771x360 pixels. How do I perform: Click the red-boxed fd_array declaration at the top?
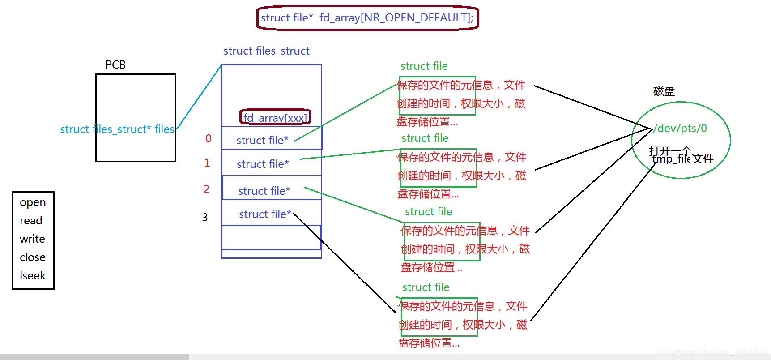point(367,18)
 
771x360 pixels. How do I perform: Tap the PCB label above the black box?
point(115,65)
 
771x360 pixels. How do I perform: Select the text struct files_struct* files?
point(117,129)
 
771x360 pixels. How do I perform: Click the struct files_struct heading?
point(266,51)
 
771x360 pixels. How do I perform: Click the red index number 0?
point(208,139)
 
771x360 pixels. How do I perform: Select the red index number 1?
point(207,163)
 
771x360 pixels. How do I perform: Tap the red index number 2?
point(206,189)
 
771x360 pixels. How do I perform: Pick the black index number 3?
point(204,218)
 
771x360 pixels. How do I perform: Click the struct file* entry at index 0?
point(262,141)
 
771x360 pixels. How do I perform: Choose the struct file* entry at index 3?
point(265,214)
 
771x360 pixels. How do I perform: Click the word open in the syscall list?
point(33,202)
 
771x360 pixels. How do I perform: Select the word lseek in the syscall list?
point(33,276)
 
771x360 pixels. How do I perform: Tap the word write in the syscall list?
point(32,239)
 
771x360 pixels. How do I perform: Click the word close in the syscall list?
point(33,257)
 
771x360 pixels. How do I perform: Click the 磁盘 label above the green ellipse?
point(664,92)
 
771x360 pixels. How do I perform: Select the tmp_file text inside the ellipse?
point(671,159)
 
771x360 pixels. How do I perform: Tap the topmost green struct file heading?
point(424,66)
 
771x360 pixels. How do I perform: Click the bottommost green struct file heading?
point(426,287)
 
